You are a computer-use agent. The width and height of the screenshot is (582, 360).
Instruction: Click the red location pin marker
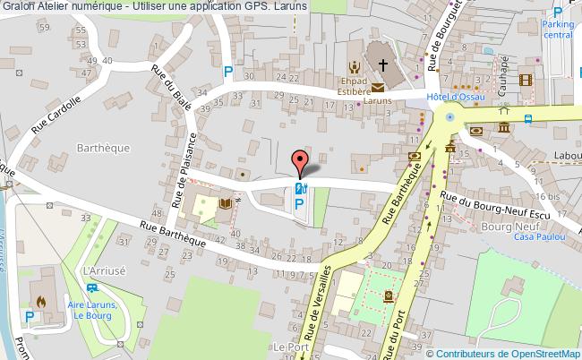[x=300, y=164]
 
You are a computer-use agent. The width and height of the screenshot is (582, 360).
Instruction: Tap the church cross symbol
[x=384, y=65]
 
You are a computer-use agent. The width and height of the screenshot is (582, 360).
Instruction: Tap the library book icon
[x=226, y=205]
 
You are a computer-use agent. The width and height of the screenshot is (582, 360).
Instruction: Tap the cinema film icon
[x=526, y=80]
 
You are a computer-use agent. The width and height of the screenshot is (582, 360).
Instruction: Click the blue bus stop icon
[x=528, y=117]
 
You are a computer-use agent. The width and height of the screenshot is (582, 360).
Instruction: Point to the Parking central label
[x=557, y=30]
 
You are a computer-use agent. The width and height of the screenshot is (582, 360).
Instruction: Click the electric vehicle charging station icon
[x=300, y=188]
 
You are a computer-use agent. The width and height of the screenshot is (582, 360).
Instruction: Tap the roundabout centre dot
[x=449, y=116]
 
